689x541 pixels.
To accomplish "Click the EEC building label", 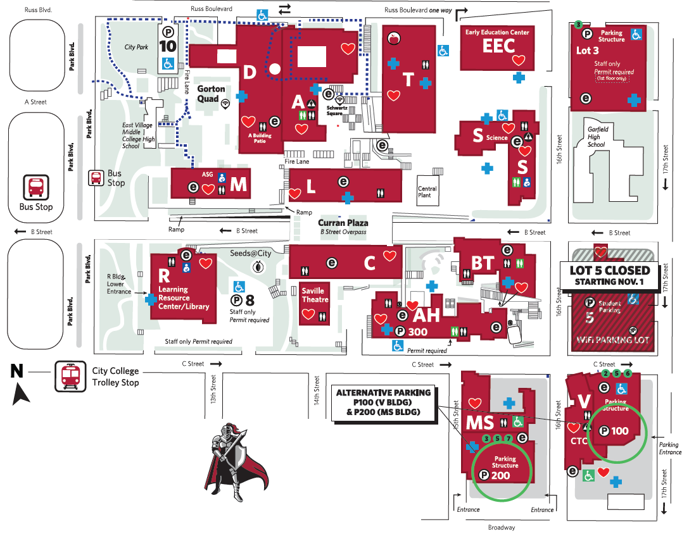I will (x=498, y=46).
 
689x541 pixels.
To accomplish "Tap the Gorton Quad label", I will (x=211, y=93).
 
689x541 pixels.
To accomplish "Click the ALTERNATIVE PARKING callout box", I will (x=383, y=402).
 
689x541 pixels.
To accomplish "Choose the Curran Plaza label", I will (x=343, y=223).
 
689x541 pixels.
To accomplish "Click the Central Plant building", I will (x=427, y=191).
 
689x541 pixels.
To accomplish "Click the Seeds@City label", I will (x=250, y=254).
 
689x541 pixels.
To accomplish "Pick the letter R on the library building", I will (x=164, y=276).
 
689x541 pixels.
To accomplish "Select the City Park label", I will (x=136, y=47).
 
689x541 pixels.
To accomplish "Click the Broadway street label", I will (x=502, y=527).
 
